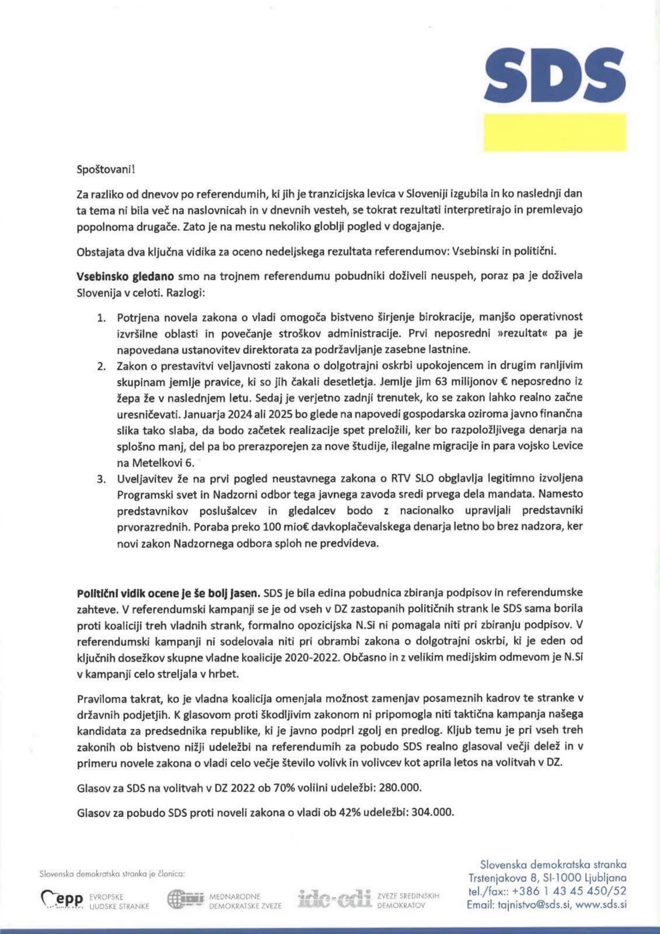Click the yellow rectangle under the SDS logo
coord(555,133)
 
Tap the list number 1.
coord(101,317)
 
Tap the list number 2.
coord(101,366)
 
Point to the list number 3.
coord(101,479)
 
